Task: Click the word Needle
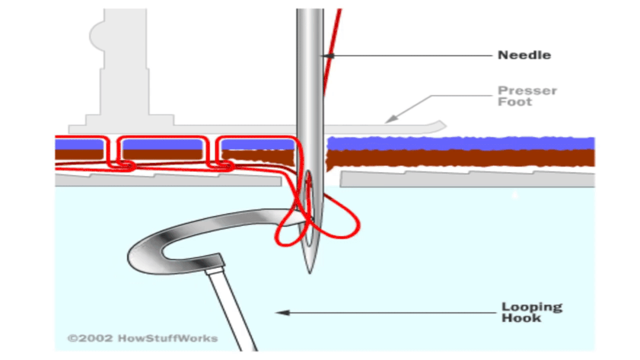tap(524, 55)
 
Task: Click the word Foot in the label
tap(514, 102)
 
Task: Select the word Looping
tap(531, 307)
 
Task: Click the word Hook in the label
tap(521, 318)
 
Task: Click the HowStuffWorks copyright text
tap(142, 339)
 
